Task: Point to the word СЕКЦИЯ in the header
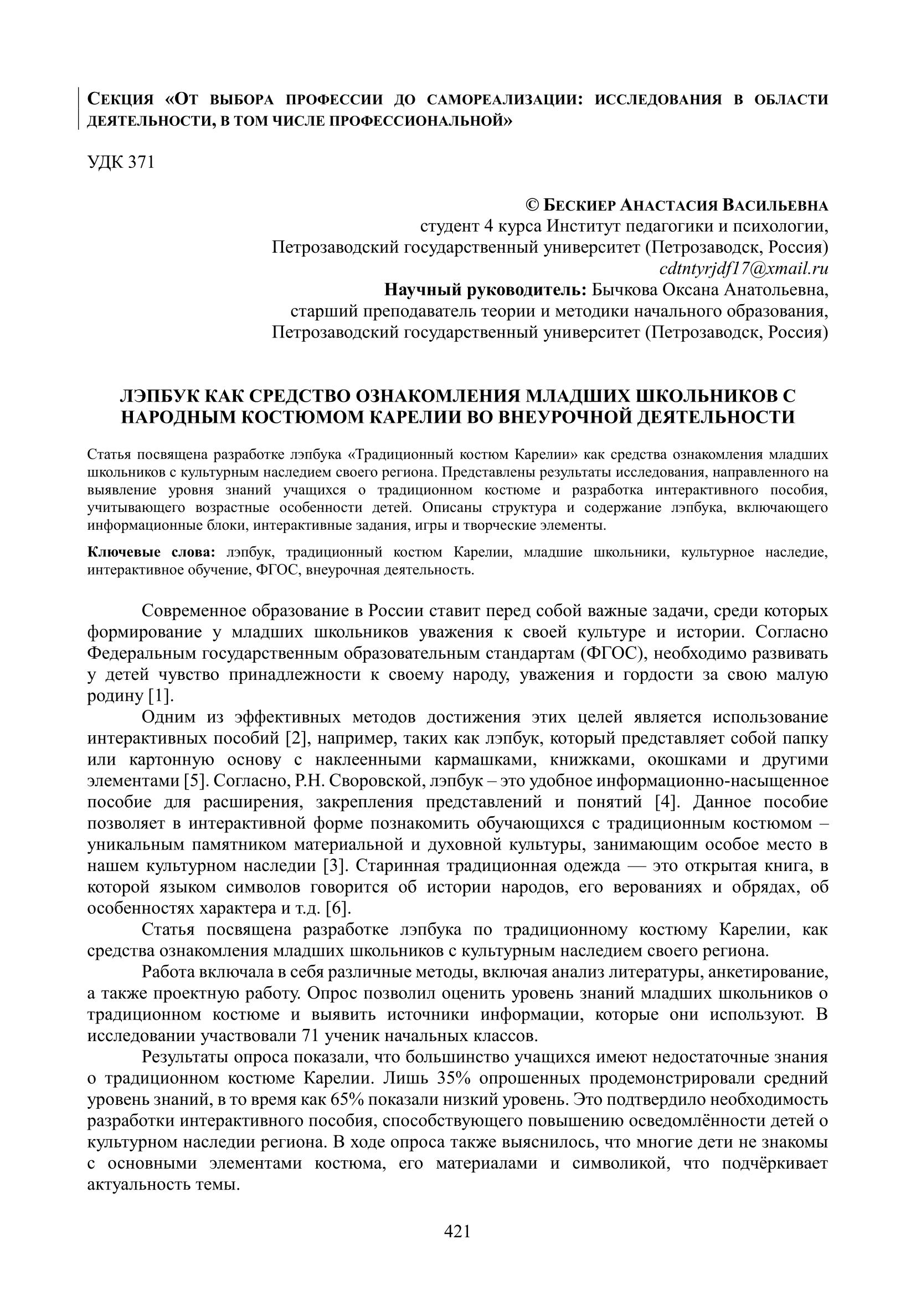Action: click(x=120, y=100)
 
